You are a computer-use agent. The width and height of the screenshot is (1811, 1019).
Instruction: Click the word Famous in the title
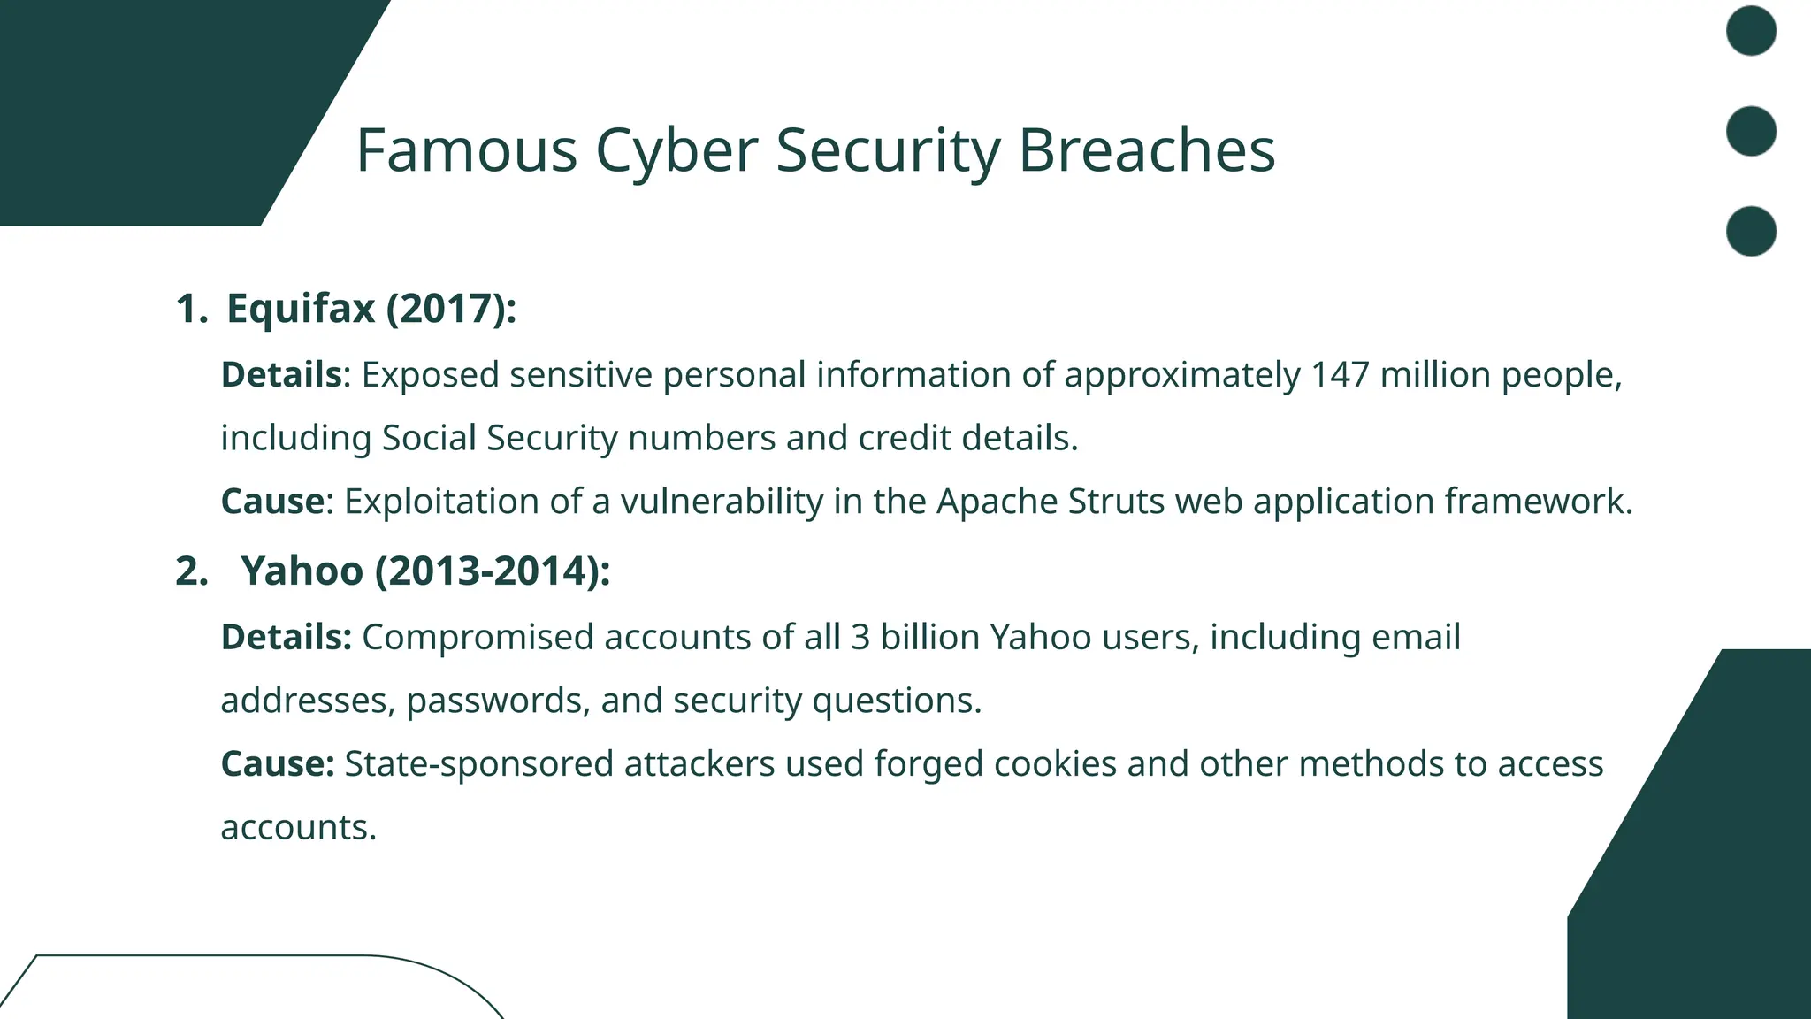pyautogui.click(x=466, y=150)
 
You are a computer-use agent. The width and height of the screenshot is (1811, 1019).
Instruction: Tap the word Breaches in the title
pyautogui.click(x=1146, y=150)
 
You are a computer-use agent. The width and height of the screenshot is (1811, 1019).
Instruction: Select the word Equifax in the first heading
pyautogui.click(x=302, y=309)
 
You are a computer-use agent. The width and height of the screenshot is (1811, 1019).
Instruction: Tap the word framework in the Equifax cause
pyautogui.click(x=1538, y=502)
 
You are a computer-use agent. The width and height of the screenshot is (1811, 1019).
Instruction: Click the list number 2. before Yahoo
pyautogui.click(x=192, y=571)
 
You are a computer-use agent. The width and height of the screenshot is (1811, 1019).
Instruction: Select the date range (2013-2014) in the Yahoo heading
pyautogui.click(x=493, y=571)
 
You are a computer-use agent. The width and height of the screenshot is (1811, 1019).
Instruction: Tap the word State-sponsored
pyautogui.click(x=478, y=764)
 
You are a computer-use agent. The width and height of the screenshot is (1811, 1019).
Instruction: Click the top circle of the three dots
pyautogui.click(x=1751, y=31)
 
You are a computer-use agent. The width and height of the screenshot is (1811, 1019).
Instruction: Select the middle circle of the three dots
pyautogui.click(x=1751, y=131)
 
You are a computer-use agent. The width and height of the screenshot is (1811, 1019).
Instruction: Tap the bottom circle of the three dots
pyautogui.click(x=1751, y=231)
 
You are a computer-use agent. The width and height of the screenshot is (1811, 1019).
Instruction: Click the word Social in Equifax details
pyautogui.click(x=429, y=439)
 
